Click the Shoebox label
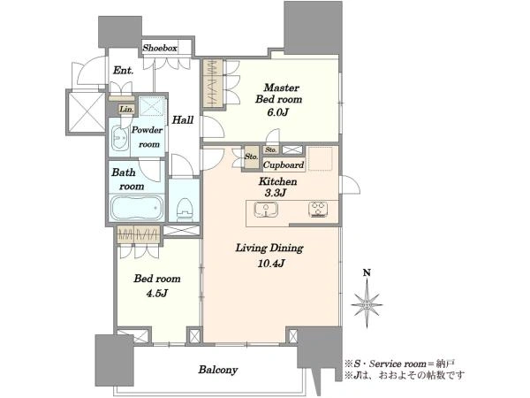click(160, 48)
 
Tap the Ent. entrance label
click(124, 71)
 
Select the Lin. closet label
click(126, 110)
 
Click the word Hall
click(183, 119)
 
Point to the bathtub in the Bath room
click(137, 208)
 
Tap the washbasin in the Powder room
click(119, 139)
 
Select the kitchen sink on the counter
click(266, 210)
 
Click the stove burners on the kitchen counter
click(318, 209)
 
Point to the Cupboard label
click(284, 165)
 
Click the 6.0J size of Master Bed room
click(278, 112)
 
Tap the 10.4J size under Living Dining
click(270, 263)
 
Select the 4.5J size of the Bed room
click(157, 293)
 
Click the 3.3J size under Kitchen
click(276, 193)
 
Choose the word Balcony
click(218, 370)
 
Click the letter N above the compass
click(367, 272)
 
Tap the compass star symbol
click(367, 303)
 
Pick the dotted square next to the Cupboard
click(321, 158)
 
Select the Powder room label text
click(147, 137)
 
